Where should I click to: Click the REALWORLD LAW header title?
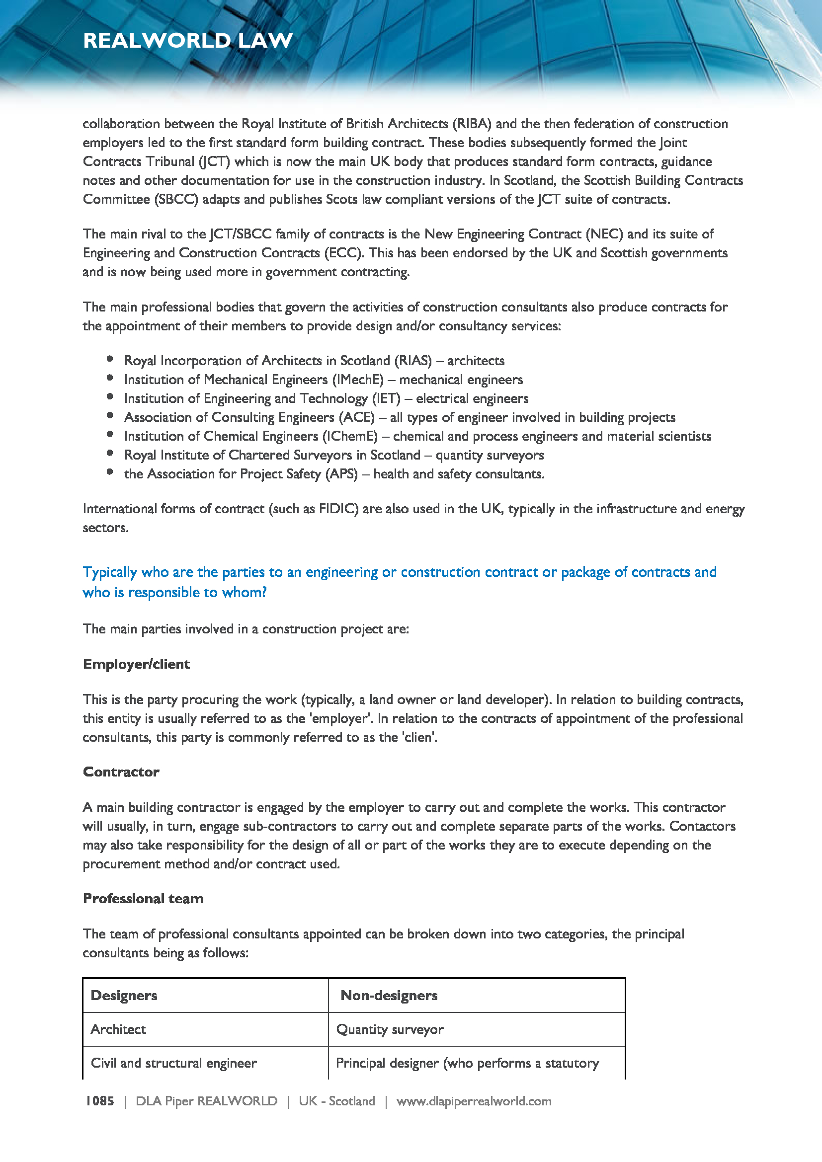pyautogui.click(x=188, y=40)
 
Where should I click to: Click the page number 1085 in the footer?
pyautogui.click(x=100, y=1101)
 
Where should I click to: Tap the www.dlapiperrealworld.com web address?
pyautogui.click(x=474, y=1101)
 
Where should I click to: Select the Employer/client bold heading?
pyautogui.click(x=136, y=664)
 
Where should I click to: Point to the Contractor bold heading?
pyautogui.click(x=121, y=772)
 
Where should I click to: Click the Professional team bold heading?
pyautogui.click(x=143, y=898)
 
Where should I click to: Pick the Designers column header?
pyautogui.click(x=124, y=996)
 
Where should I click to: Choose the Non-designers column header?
pyautogui.click(x=389, y=996)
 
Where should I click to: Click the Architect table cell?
pyautogui.click(x=118, y=1029)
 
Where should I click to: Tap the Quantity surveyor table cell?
pyautogui.click(x=390, y=1029)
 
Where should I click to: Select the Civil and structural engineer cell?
pyautogui.click(x=173, y=1063)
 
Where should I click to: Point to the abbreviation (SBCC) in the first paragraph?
pyautogui.click(x=176, y=199)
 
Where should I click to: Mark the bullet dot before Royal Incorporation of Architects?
pyautogui.click(x=110, y=359)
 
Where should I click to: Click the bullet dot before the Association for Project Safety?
pyautogui.click(x=110, y=472)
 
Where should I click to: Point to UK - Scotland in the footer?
pyautogui.click(x=336, y=1101)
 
